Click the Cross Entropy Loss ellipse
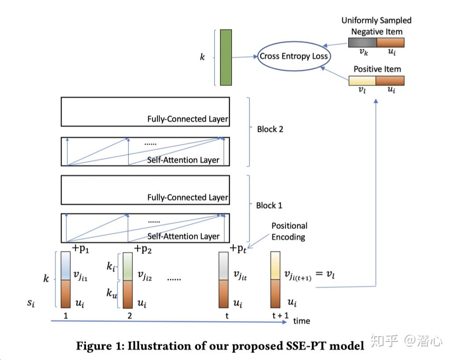(x=294, y=56)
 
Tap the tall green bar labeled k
(x=226, y=57)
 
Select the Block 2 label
(x=270, y=129)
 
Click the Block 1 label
(x=269, y=205)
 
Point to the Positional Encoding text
(x=289, y=231)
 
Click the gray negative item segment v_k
(x=362, y=42)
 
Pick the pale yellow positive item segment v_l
(x=362, y=81)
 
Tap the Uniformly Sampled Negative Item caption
(x=376, y=26)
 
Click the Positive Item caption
(x=377, y=69)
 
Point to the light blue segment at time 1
(x=65, y=266)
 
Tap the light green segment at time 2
(x=128, y=266)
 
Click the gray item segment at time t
(x=224, y=266)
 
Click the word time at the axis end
(x=301, y=321)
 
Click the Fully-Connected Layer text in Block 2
(x=188, y=119)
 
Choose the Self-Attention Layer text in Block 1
(x=183, y=236)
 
